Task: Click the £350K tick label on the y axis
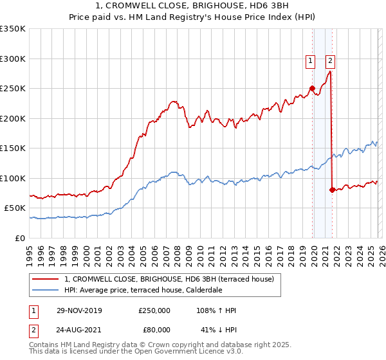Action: point(13,29)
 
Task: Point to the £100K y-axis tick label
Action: point(13,178)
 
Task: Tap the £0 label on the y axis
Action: point(19,238)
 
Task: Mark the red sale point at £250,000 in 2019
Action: point(312,89)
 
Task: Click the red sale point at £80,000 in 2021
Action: point(332,190)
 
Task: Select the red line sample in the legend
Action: point(46,279)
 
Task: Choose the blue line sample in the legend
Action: point(46,291)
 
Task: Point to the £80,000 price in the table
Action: point(154,330)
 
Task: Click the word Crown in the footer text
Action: point(187,345)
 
